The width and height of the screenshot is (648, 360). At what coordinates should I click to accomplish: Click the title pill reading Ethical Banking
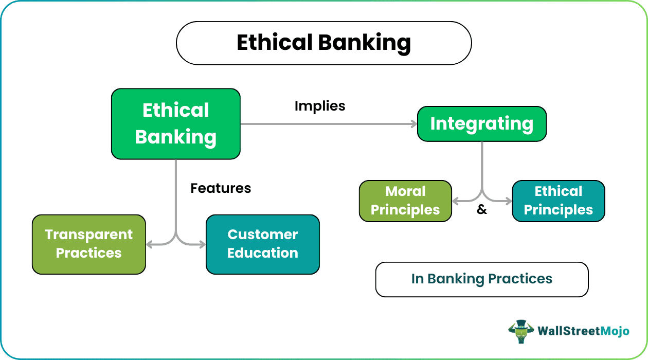pyautogui.click(x=323, y=43)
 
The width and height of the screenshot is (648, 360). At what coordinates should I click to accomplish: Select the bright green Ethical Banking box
pyautogui.click(x=176, y=123)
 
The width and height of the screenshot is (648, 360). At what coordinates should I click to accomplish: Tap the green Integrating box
pyautogui.click(x=481, y=123)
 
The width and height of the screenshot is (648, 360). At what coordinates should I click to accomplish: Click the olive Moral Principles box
pyautogui.click(x=405, y=201)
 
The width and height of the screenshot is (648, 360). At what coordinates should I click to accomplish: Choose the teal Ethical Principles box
pyautogui.click(x=558, y=201)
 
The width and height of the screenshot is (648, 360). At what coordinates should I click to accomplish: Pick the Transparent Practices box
pyautogui.click(x=89, y=244)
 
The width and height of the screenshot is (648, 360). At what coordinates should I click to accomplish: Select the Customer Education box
pyautogui.click(x=262, y=244)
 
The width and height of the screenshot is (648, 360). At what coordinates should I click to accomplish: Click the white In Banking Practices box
pyautogui.click(x=481, y=279)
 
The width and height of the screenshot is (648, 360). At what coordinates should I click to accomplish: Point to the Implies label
pyautogui.click(x=320, y=106)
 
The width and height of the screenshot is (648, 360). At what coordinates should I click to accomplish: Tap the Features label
pyautogui.click(x=221, y=188)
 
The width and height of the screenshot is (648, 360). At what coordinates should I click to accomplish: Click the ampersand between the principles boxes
pyautogui.click(x=482, y=210)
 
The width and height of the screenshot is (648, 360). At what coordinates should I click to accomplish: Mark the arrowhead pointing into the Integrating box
pyautogui.click(x=413, y=123)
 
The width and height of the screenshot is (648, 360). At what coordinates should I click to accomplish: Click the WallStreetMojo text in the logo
pyautogui.click(x=583, y=331)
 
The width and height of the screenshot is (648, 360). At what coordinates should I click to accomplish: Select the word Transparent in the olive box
pyautogui.click(x=89, y=235)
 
